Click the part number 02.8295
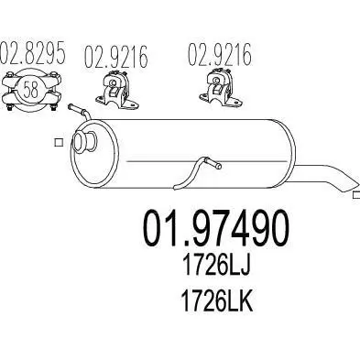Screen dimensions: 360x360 [33, 52]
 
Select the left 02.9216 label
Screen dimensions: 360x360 [116, 57]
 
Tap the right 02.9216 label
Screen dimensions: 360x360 [220, 55]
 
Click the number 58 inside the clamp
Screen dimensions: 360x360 [31, 90]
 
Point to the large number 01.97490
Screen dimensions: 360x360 [216, 228]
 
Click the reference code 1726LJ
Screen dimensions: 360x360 [216, 265]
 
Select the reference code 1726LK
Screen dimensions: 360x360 [217, 300]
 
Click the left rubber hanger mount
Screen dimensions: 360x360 [117, 91]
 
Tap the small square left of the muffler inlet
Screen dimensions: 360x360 [59, 142]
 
